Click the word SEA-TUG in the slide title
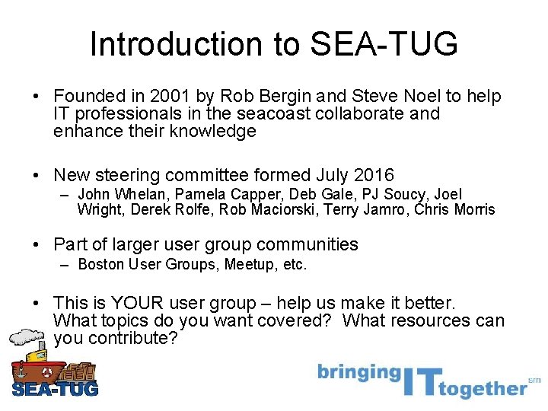(384, 45)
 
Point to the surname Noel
(417, 97)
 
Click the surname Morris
(472, 209)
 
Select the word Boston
(101, 265)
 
